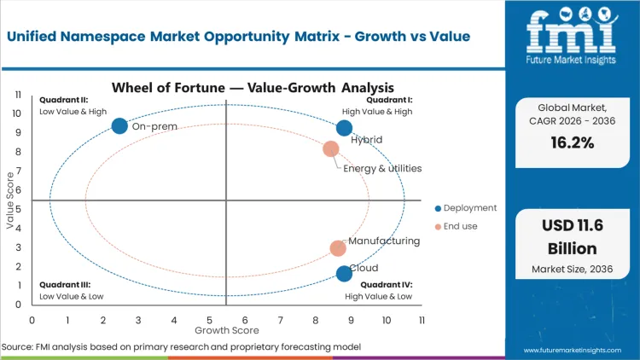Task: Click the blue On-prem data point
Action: (119, 126)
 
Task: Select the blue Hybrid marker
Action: (344, 128)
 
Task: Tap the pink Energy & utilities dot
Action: (330, 149)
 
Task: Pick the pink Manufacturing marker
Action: (338, 248)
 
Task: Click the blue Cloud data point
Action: (344, 274)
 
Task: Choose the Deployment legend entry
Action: (465, 207)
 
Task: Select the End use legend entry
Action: (459, 226)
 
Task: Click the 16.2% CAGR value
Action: (572, 142)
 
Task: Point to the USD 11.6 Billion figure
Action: (572, 239)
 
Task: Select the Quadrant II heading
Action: (63, 99)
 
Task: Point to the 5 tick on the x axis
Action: (210, 319)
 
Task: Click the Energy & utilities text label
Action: (382, 168)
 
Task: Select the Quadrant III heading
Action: (65, 284)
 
